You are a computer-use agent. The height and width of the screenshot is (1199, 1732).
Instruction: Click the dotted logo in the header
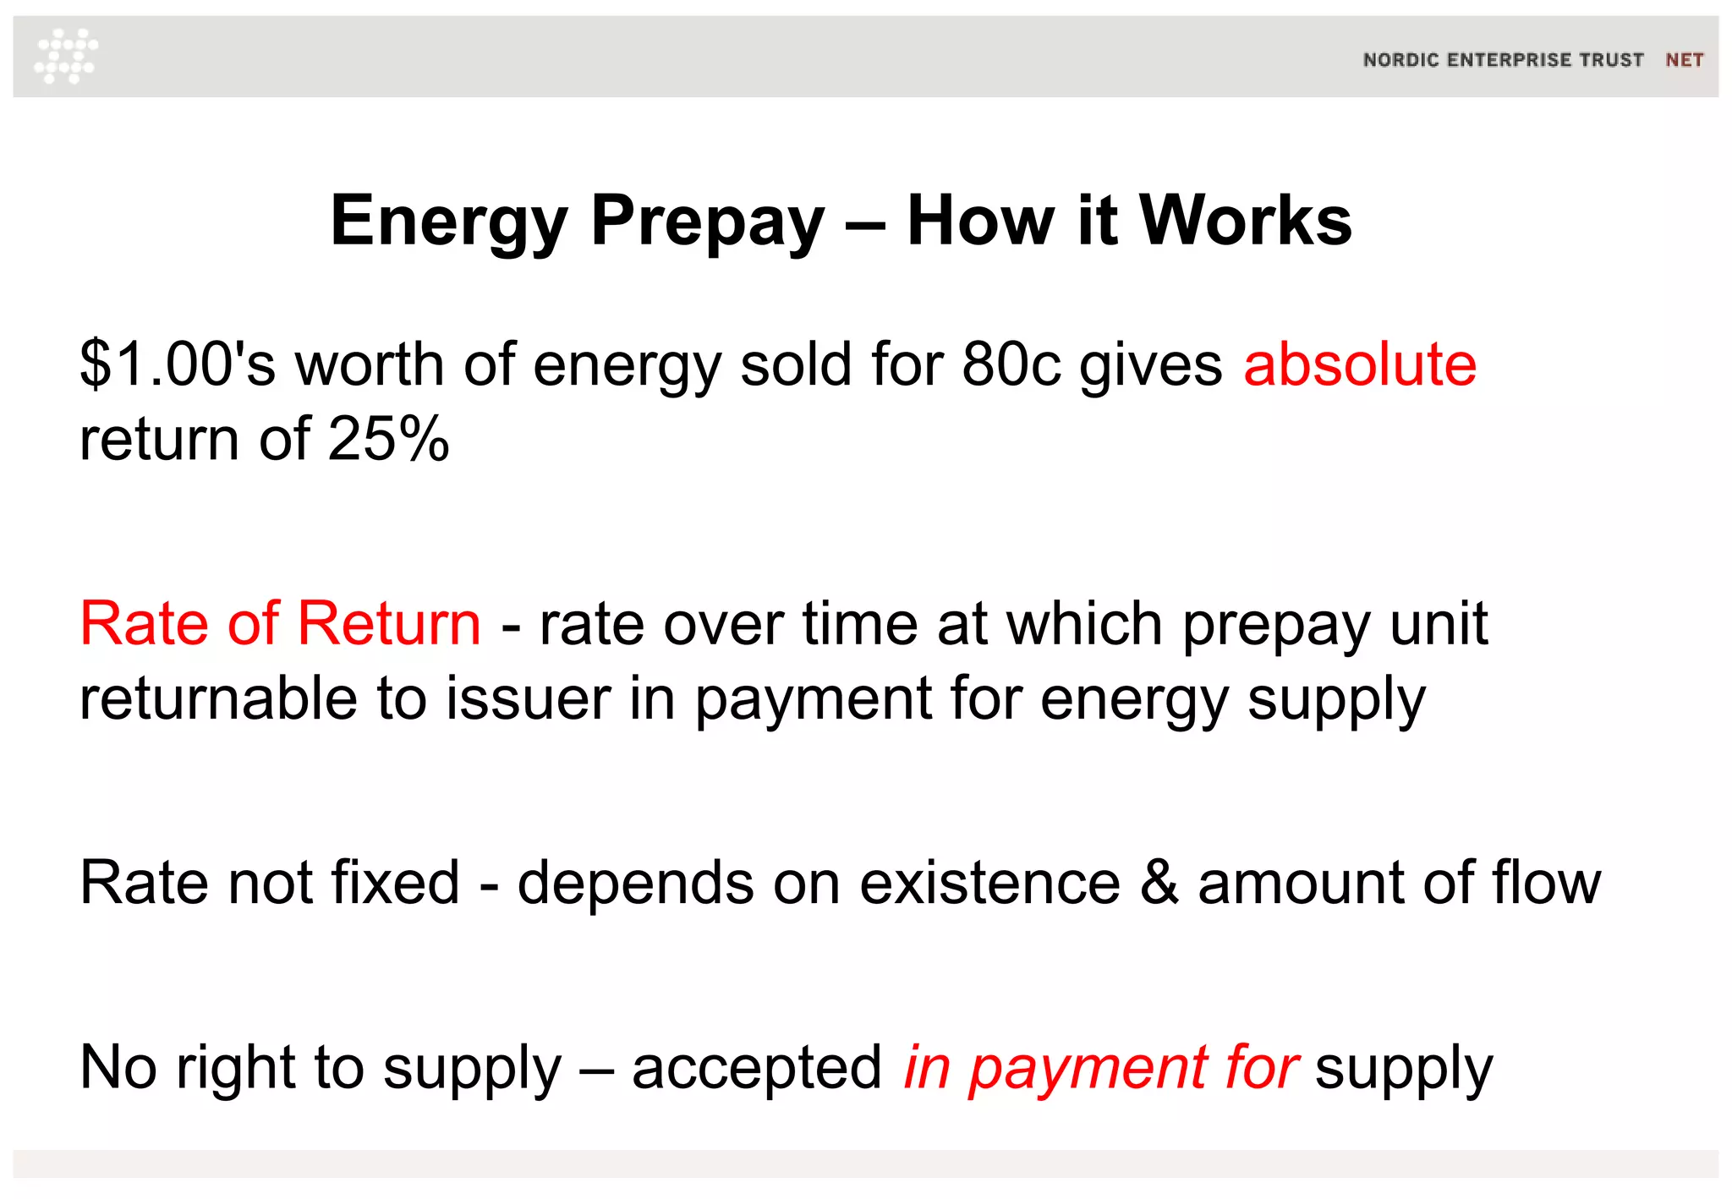pyautogui.click(x=66, y=56)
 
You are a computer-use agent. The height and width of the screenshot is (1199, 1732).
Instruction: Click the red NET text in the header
pyautogui.click(x=1684, y=60)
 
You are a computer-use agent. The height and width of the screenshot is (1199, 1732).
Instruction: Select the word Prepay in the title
pyautogui.click(x=707, y=222)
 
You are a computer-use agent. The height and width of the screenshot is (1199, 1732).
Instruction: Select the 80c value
pyautogui.click(x=1011, y=364)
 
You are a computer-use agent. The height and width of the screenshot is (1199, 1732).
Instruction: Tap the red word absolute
pyautogui.click(x=1360, y=364)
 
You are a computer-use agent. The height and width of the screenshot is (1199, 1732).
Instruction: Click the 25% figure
pyautogui.click(x=389, y=439)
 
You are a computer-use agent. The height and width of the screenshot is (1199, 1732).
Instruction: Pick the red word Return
pyautogui.click(x=389, y=624)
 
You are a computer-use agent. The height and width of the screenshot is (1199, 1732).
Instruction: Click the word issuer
pyautogui.click(x=529, y=698)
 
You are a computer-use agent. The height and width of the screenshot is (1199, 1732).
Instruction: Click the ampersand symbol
pyautogui.click(x=1159, y=883)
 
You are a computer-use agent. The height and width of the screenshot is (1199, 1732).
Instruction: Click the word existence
pyautogui.click(x=989, y=883)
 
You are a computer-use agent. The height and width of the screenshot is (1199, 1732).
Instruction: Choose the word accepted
pyautogui.click(x=757, y=1067)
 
